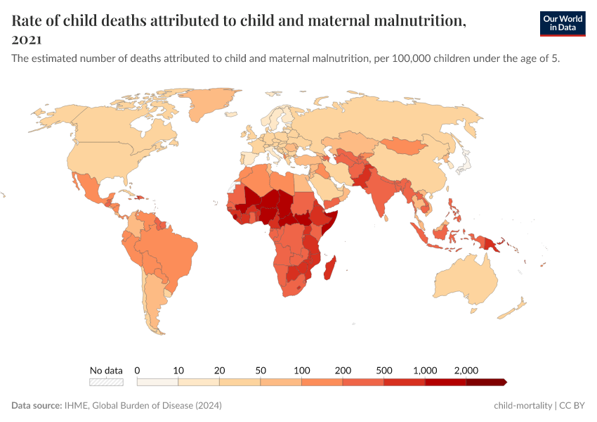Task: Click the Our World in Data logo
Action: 562,23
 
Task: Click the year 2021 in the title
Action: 27,39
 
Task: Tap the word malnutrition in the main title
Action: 416,21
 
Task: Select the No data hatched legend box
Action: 106,382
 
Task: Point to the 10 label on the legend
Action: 178,370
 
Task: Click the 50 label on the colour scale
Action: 261,370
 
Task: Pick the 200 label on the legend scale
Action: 343,370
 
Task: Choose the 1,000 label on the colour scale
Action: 425,370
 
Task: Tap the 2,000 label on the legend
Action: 466,370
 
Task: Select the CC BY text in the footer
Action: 573,406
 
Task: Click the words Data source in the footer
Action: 36,406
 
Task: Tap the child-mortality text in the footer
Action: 523,406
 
